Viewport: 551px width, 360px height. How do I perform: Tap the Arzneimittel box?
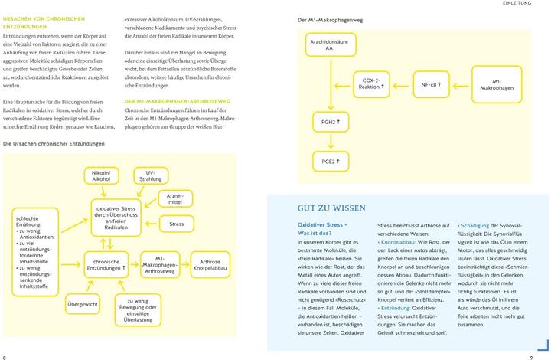(x=174, y=201)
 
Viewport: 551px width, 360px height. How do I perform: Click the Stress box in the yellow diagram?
(x=177, y=224)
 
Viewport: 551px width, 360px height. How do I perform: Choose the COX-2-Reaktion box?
(x=373, y=84)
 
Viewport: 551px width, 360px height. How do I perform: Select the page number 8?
(x=5, y=356)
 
